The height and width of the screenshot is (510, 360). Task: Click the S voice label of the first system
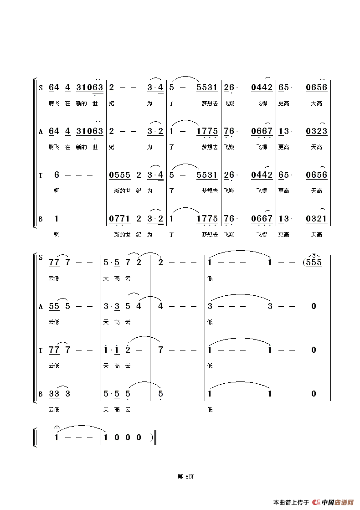(x=41, y=88)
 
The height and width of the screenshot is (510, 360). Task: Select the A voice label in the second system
(x=41, y=307)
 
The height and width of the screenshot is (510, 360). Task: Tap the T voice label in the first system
(x=41, y=175)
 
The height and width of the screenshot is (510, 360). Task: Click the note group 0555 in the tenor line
(x=120, y=175)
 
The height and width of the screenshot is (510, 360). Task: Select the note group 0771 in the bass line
(x=120, y=219)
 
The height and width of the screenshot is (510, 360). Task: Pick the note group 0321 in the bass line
(x=316, y=219)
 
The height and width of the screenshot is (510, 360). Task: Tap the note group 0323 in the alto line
(x=316, y=131)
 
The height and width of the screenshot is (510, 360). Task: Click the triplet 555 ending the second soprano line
(x=314, y=263)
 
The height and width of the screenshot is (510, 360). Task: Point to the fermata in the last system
(x=57, y=428)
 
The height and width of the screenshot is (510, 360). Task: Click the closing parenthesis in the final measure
(x=151, y=438)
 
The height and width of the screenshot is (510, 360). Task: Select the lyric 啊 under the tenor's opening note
(x=57, y=191)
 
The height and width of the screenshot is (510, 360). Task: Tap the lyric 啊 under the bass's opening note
(x=57, y=235)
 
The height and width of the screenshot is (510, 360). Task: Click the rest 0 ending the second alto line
(x=314, y=306)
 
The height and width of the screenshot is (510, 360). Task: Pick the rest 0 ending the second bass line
(x=314, y=394)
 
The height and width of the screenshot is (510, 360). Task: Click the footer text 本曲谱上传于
(x=291, y=503)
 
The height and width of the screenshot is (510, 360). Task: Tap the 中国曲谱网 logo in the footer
(x=334, y=502)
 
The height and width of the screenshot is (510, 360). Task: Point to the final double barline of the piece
(x=155, y=438)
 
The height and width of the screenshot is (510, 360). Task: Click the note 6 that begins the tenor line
(x=57, y=175)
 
